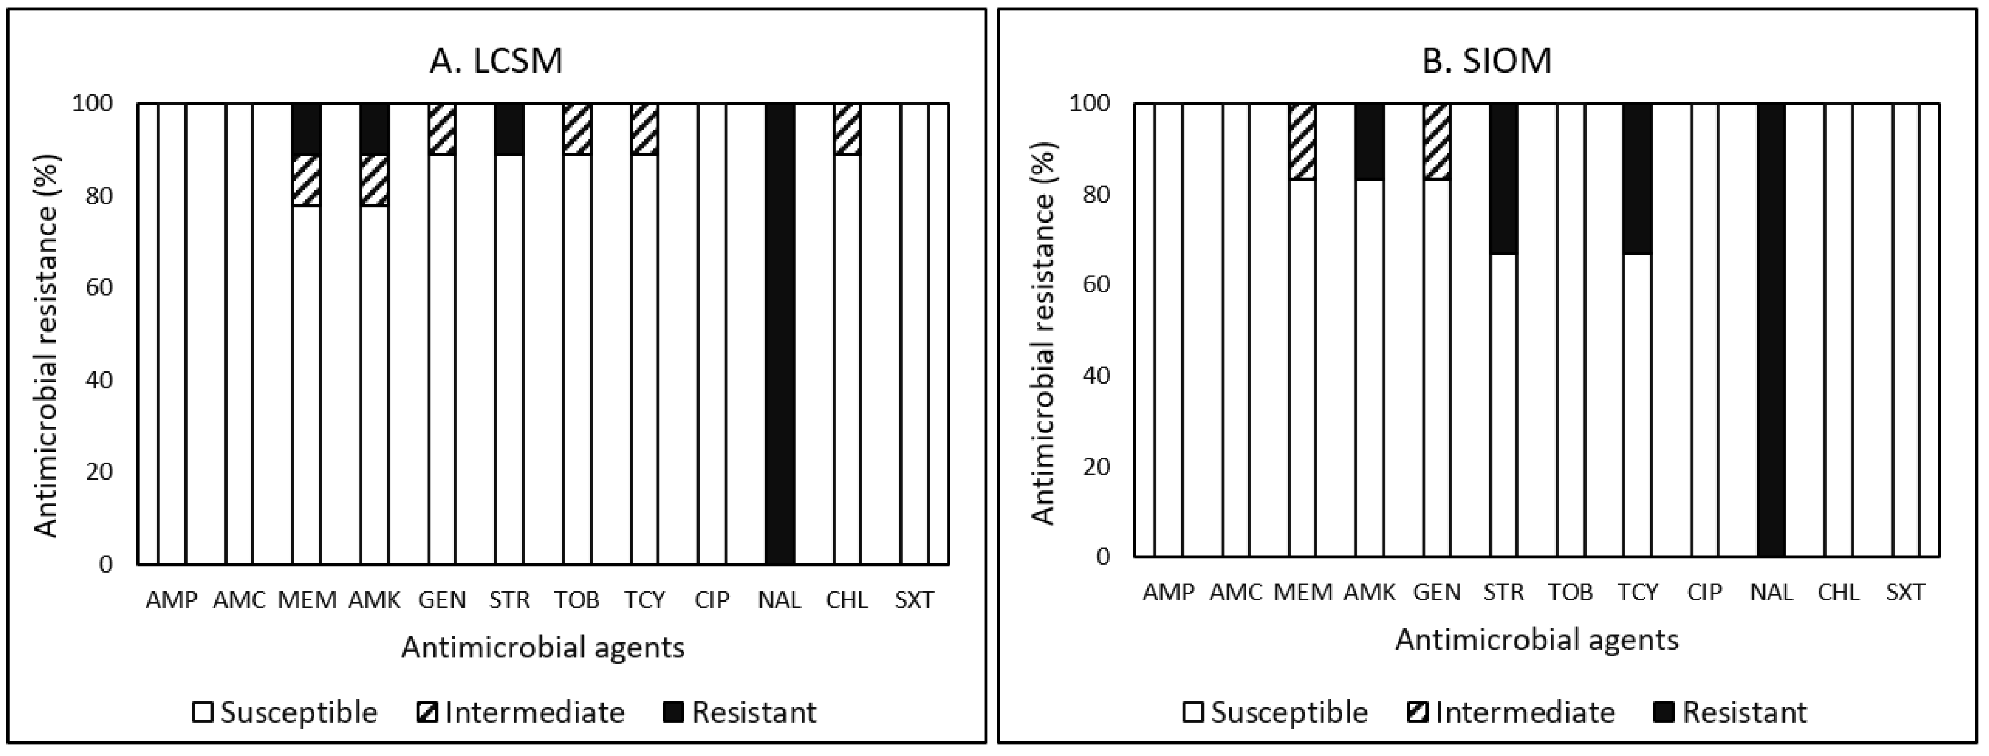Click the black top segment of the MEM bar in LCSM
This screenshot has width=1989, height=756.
tap(307, 129)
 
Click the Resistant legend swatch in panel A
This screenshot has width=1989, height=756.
tap(673, 712)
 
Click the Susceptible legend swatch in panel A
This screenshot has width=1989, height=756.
tap(202, 712)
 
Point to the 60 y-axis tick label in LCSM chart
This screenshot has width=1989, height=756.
tap(99, 287)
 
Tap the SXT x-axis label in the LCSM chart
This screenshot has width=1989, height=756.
tap(914, 600)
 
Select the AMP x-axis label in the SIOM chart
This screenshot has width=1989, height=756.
tap(1168, 592)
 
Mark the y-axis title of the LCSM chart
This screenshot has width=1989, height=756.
tap(47, 345)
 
